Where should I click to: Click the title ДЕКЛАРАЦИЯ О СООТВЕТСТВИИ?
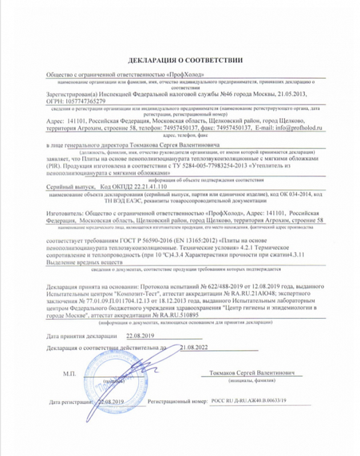pos(180,60)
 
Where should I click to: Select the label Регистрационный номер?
pos(176,402)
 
